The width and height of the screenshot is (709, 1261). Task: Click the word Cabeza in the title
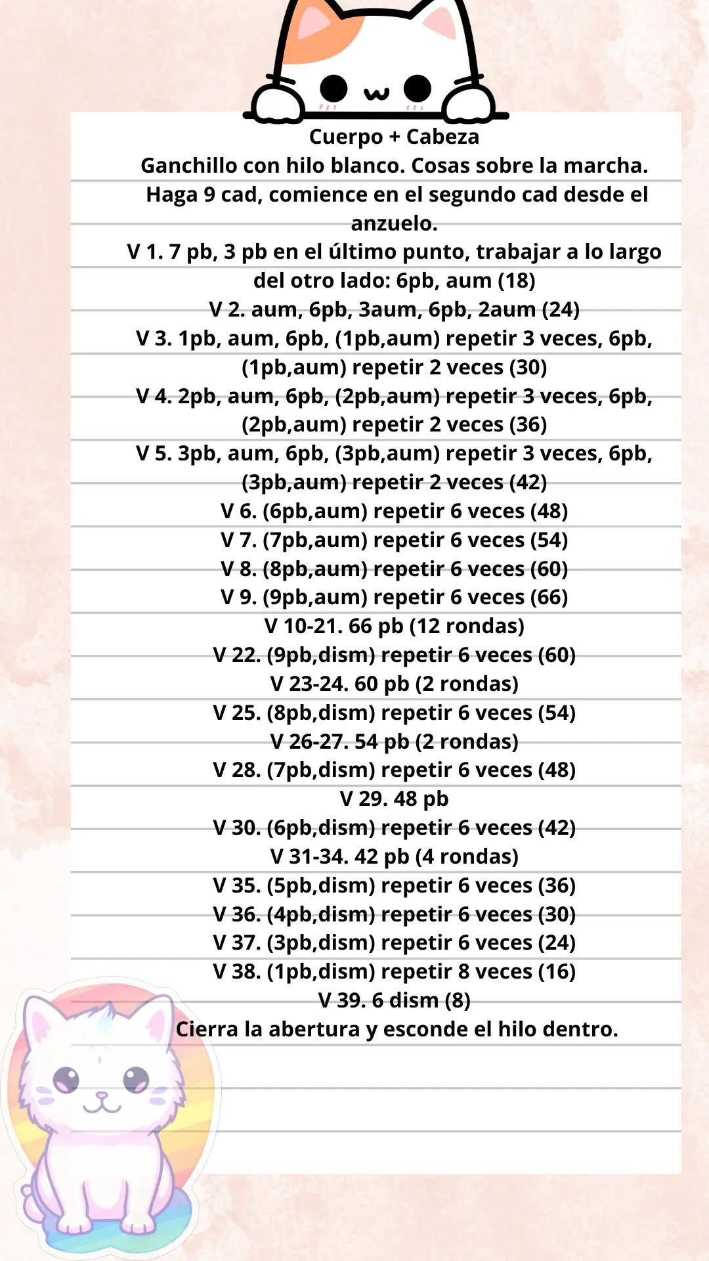click(x=442, y=137)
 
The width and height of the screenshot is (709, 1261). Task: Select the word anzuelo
click(x=394, y=223)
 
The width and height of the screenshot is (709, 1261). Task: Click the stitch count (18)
click(x=517, y=280)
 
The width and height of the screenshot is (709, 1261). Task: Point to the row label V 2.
click(x=227, y=309)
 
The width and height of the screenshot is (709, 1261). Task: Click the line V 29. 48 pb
click(x=394, y=799)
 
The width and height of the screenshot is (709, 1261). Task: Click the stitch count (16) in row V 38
click(x=557, y=971)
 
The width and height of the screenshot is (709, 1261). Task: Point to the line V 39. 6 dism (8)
click(x=394, y=1000)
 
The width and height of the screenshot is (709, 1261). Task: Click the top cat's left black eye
click(x=333, y=88)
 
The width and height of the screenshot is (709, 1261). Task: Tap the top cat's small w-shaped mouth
click(x=376, y=93)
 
